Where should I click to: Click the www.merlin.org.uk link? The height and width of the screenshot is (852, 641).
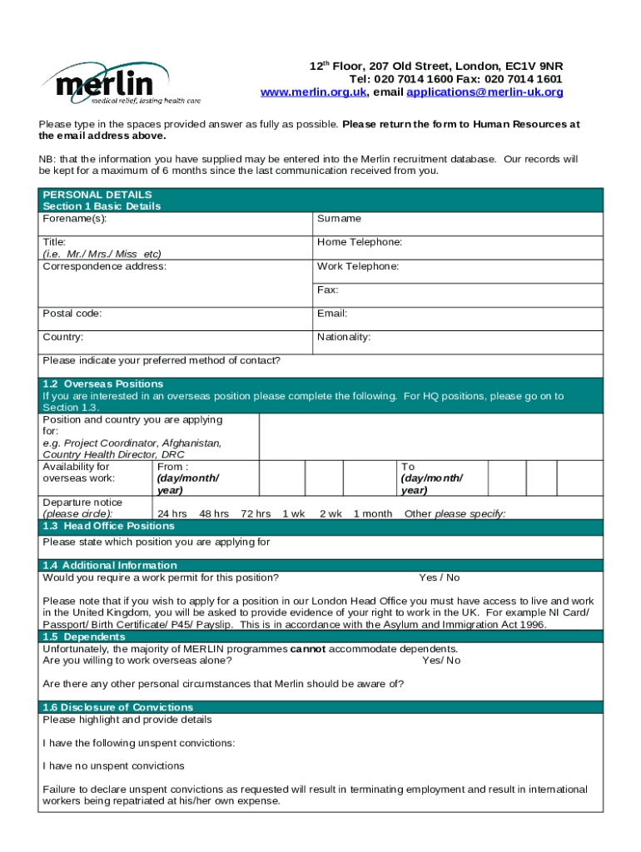pos(313,92)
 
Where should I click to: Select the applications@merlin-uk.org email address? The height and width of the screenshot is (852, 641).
pos(484,92)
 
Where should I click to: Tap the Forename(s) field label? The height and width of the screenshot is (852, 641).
pos(75,219)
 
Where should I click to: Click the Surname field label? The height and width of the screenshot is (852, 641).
pos(339,219)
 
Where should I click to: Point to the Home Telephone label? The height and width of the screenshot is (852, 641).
pos(360,242)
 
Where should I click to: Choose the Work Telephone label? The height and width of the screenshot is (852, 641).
pos(358,266)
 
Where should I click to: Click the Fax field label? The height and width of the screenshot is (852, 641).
pos(327,290)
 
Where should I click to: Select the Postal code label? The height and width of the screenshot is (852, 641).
pos(72,314)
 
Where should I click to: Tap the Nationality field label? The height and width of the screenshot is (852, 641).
pos(344,338)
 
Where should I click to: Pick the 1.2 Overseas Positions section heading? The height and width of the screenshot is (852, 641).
pos(102,384)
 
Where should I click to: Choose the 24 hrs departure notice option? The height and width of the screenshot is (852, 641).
pos(171,514)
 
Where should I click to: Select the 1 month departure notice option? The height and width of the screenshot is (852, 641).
pos(372,514)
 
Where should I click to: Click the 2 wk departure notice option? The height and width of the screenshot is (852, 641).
pos(330,514)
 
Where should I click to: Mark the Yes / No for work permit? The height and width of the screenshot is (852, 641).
pos(439,578)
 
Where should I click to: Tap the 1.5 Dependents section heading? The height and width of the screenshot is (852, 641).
pos(83,637)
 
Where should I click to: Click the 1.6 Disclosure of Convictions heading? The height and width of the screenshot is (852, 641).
pos(117,708)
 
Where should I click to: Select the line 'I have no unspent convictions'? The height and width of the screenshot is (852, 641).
pos(113,766)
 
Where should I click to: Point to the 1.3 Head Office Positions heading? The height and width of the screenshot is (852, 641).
pos(108,527)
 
